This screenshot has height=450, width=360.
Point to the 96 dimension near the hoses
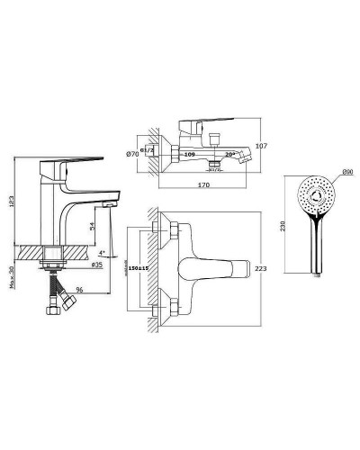click(x=81, y=291)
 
